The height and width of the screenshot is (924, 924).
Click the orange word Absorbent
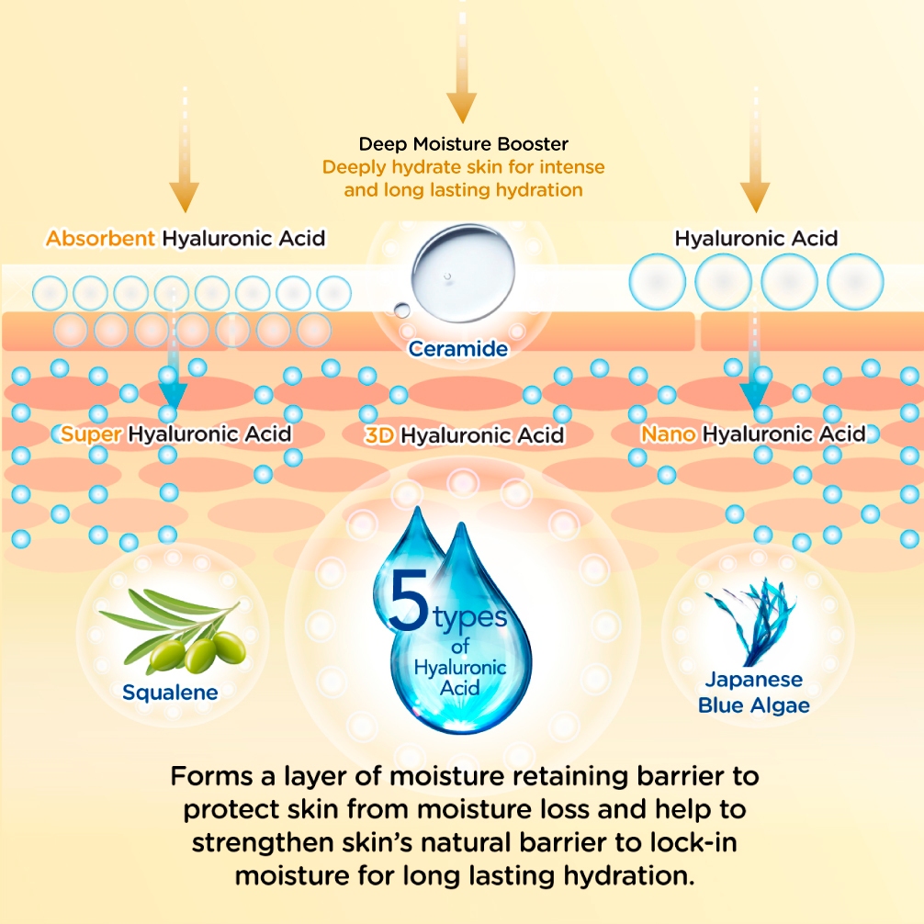(x=101, y=239)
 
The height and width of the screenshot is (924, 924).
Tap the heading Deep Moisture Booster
(x=463, y=144)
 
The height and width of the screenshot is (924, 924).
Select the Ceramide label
(x=458, y=349)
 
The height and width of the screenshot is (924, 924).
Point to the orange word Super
(x=92, y=434)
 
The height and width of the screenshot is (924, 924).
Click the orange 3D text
(x=378, y=435)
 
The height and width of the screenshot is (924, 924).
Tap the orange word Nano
(x=669, y=434)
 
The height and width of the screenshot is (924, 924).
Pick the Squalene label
(x=170, y=692)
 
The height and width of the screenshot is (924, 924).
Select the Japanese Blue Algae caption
(x=753, y=693)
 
